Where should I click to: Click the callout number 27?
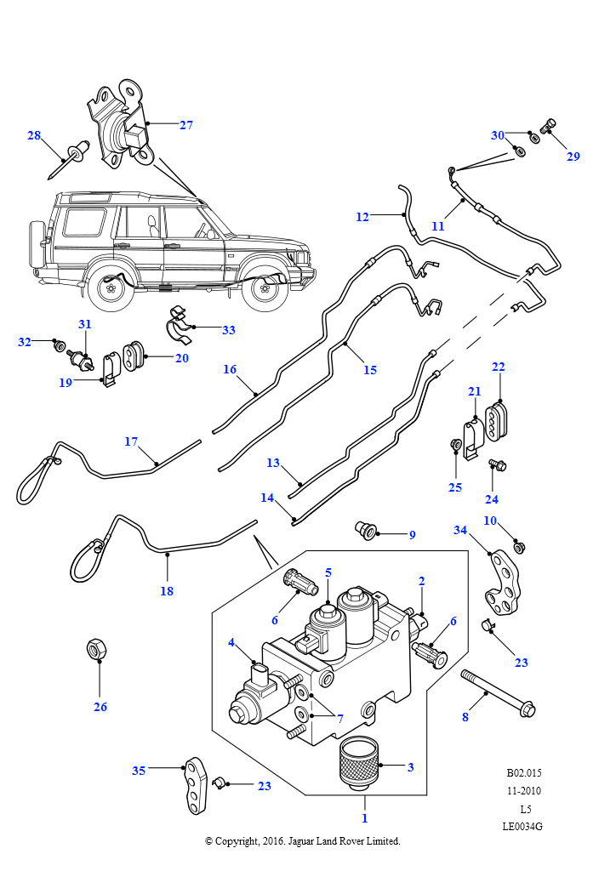pyautogui.click(x=186, y=125)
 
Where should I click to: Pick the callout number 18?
pyautogui.click(x=167, y=591)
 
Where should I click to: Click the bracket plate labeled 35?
pyautogui.click(x=195, y=785)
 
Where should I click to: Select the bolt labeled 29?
pyautogui.click(x=548, y=126)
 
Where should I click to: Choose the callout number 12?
pyautogui.click(x=362, y=217)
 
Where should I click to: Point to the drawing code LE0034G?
pyautogui.click(x=522, y=826)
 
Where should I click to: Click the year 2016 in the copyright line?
pyautogui.click(x=272, y=841)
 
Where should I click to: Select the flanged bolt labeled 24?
pyautogui.click(x=498, y=464)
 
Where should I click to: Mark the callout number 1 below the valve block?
pyautogui.click(x=365, y=818)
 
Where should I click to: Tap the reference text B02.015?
pyautogui.click(x=524, y=772)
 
